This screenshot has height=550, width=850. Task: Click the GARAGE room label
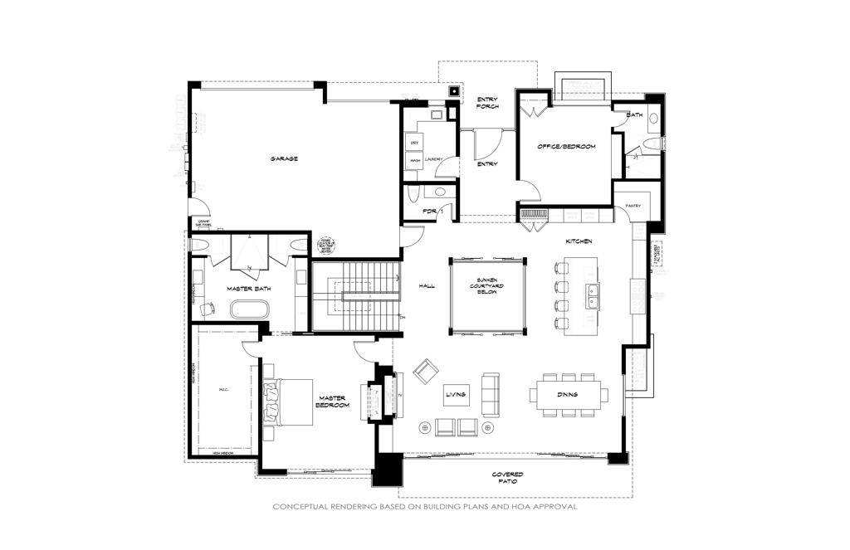tap(283, 158)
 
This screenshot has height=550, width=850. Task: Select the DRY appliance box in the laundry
tap(413, 143)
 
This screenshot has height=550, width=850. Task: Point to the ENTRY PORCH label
tap(487, 103)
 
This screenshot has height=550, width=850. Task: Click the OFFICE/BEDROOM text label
tap(566, 147)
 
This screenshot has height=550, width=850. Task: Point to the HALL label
tap(427, 285)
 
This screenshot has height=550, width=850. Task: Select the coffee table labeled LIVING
tap(456, 395)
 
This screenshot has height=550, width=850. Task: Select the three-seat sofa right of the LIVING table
tap(491, 394)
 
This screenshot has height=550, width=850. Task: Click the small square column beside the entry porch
tap(454, 91)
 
